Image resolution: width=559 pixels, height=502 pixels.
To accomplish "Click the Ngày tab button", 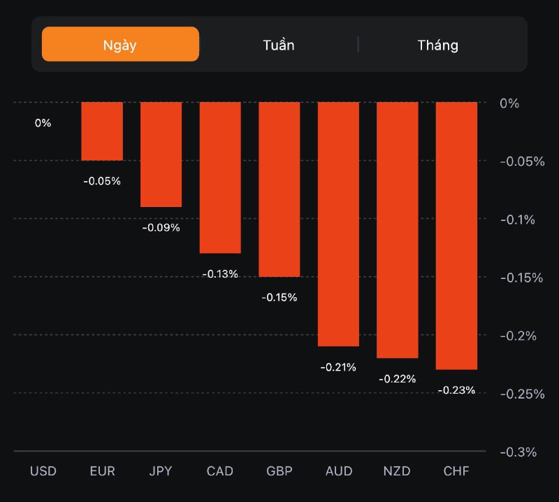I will [x=120, y=45].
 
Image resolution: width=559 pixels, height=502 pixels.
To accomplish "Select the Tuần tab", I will [x=279, y=45].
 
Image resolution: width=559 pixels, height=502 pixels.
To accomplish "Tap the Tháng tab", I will [x=438, y=45].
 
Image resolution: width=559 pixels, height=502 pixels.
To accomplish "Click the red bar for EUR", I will [x=102, y=131].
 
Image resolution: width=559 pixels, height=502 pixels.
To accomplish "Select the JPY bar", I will [x=161, y=155].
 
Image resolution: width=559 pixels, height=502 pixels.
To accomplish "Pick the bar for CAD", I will [x=220, y=178].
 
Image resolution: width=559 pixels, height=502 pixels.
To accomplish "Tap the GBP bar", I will [x=279, y=189].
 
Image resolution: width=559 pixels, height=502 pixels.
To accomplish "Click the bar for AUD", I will [x=339, y=224].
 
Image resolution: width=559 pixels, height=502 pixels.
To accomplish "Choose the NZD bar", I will [x=398, y=230].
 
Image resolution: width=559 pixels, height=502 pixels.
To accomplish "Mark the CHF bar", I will [x=456, y=236].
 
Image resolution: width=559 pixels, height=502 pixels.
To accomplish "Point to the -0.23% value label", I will [x=456, y=390].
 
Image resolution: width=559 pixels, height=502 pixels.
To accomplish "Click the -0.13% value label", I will [x=220, y=274].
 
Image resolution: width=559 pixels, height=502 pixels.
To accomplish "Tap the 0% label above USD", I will [x=43, y=123].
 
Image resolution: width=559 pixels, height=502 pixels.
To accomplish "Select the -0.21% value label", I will [x=339, y=367].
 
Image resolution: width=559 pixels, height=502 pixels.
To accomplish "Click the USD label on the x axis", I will [x=43, y=471].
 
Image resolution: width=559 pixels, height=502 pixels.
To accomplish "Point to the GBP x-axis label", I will [x=279, y=471].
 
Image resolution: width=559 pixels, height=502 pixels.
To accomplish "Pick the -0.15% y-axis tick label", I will [x=521, y=278].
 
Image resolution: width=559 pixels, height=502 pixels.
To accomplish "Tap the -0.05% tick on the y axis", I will [x=521, y=162].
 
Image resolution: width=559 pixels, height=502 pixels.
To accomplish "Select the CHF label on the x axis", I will [x=456, y=471].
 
